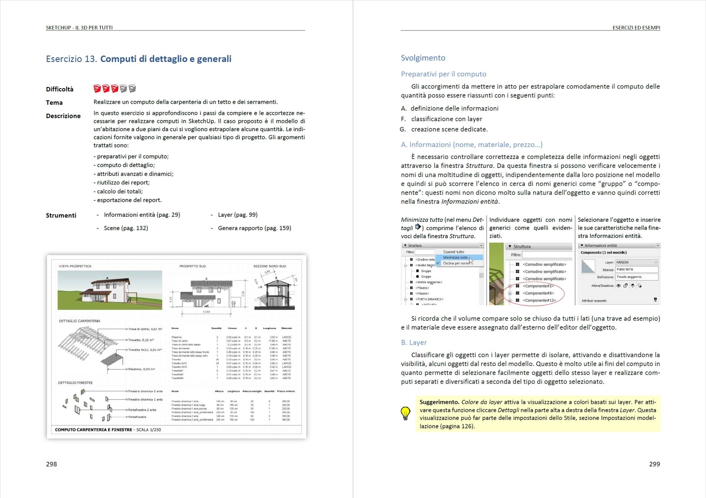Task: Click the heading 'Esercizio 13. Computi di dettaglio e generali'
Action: pos(139,59)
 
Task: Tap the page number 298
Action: pos(52,464)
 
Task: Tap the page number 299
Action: pos(654,464)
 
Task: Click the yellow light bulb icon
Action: pos(405,413)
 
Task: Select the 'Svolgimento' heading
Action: pos(423,58)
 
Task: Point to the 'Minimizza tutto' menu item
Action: pos(455,258)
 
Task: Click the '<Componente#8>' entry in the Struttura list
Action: pos(538,293)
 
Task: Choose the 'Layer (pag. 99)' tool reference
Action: pos(238,215)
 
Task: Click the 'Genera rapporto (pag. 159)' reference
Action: pos(254,228)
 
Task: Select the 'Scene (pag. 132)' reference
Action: pos(126,228)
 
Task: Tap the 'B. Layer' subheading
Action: pos(414,342)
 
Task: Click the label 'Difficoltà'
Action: pos(60,89)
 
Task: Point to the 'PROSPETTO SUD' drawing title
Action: pos(192,266)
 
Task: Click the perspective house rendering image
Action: pos(110,290)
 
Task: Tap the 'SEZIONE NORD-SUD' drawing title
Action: pos(269,266)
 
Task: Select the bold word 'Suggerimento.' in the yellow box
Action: pos(439,402)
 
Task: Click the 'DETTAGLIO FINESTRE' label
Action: pos(75,383)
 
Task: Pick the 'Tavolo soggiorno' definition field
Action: pos(636,277)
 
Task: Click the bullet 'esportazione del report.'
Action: pos(129,200)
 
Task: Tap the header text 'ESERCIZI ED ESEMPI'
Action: pos(636,27)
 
